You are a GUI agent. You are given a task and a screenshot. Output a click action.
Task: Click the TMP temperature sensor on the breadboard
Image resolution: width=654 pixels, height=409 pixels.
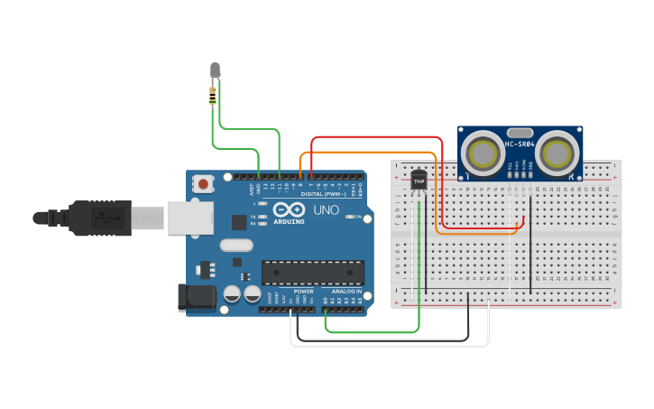418,181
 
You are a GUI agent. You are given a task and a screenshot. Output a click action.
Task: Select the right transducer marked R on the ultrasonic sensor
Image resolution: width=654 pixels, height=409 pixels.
555,151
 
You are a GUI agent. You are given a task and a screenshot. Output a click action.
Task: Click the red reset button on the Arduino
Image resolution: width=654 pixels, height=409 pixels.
203,184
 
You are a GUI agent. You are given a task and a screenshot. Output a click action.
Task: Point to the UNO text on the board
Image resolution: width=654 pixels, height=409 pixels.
326,210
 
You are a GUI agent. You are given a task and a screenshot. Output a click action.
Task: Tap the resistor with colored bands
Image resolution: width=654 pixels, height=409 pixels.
213,94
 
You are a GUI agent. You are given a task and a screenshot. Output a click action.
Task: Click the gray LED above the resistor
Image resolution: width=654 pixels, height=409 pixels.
215,70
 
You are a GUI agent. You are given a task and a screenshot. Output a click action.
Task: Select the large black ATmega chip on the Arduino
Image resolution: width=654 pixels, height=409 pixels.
312,271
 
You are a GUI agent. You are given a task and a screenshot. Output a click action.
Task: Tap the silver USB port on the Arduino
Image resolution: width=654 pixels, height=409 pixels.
189,218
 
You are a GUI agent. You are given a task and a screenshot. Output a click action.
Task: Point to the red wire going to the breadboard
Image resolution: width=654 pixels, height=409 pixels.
379,137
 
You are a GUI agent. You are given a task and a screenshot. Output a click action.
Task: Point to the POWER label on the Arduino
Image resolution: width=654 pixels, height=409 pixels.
303,292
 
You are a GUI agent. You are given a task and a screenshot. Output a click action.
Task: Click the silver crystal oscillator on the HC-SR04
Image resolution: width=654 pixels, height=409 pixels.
519,132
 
